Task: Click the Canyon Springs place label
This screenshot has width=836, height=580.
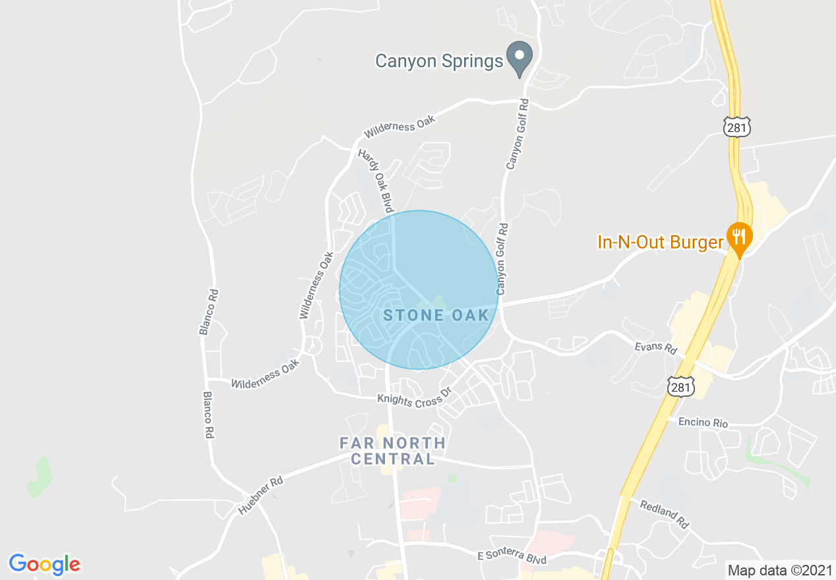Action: pyautogui.click(x=439, y=61)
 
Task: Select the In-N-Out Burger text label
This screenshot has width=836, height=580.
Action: pyautogui.click(x=660, y=242)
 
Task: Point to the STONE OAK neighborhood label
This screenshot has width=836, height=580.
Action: pyautogui.click(x=436, y=315)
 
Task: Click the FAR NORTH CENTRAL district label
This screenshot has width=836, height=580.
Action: pyautogui.click(x=393, y=451)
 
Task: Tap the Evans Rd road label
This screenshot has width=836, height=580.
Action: pyautogui.click(x=655, y=347)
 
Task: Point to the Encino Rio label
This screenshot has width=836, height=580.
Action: pyautogui.click(x=703, y=422)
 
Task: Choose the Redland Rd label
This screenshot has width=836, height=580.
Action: pyautogui.click(x=664, y=513)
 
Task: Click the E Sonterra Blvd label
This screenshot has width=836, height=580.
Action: pyautogui.click(x=512, y=558)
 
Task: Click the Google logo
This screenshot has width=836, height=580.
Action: pyautogui.click(x=44, y=564)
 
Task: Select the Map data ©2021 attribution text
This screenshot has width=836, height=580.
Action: pyautogui.click(x=779, y=569)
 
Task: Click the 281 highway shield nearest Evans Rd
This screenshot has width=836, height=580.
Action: pyautogui.click(x=680, y=388)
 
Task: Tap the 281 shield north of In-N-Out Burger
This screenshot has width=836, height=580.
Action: pyautogui.click(x=736, y=127)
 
